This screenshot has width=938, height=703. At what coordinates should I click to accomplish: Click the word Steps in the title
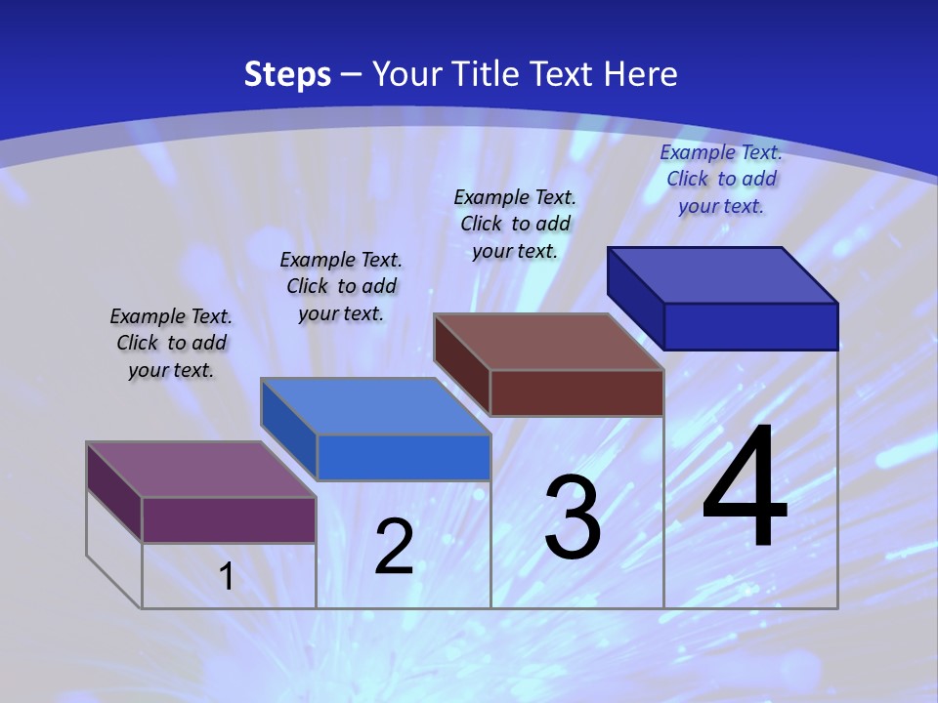pyautogui.click(x=287, y=74)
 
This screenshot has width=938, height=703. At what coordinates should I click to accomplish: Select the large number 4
pyautogui.click(x=745, y=487)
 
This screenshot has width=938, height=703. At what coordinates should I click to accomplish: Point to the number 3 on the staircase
pyautogui.click(x=573, y=518)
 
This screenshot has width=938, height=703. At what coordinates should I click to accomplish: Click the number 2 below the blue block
pyautogui.click(x=395, y=548)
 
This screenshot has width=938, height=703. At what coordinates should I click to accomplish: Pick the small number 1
pyautogui.click(x=227, y=577)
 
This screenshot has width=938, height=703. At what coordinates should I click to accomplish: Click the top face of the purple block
pyautogui.click(x=201, y=470)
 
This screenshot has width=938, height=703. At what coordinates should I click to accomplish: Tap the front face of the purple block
pyautogui.click(x=229, y=519)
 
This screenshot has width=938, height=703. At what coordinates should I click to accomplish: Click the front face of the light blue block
pyautogui.click(x=403, y=457)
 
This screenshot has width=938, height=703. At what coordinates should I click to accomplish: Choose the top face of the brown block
pyautogui.click(x=548, y=342)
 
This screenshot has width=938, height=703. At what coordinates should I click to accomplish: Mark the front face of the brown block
pyautogui.click(x=576, y=393)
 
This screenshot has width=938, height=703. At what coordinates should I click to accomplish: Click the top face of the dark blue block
pyautogui.click(x=722, y=275)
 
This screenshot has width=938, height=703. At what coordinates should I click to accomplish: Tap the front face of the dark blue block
pyautogui.click(x=750, y=326)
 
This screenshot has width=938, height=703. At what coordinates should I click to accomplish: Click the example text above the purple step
pyautogui.click(x=171, y=343)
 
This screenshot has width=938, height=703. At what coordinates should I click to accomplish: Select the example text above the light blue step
pyautogui.click(x=341, y=286)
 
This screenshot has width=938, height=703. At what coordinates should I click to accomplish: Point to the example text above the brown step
pyautogui.click(x=515, y=224)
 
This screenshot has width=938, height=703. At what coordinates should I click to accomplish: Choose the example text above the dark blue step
pyautogui.click(x=721, y=179)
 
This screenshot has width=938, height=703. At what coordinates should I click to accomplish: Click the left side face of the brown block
pyautogui.click(x=461, y=365)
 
